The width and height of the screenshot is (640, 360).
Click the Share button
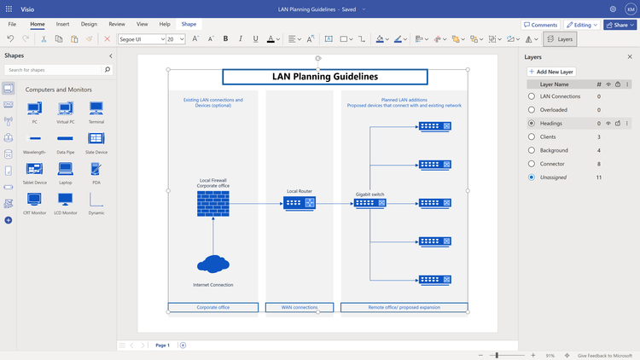tap(620, 25)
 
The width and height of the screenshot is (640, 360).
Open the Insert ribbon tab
tap(63, 25)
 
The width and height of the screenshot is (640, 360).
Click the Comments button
tap(540, 25)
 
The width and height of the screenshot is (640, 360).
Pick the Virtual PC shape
tap(66, 109)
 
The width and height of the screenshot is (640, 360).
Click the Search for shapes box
tap(58, 69)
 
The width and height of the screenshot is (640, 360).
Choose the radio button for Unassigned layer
tap(532, 177)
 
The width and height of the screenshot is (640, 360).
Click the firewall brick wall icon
tap(212, 203)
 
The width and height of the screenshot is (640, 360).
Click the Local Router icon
tap(300, 203)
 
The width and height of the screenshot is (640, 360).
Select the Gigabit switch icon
tap(370, 204)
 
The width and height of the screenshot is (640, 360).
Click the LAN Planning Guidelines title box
tap(324, 77)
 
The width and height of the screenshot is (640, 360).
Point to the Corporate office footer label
tap(213, 307)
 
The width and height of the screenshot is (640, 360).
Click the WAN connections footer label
tap(300, 307)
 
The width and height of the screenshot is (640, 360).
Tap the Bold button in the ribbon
tap(226, 39)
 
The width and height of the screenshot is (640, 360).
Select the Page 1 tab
tap(162, 345)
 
